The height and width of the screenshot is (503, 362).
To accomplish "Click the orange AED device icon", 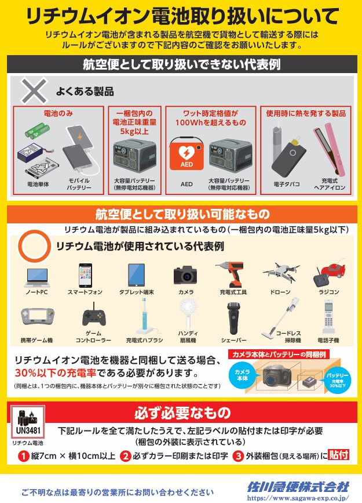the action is [187, 153].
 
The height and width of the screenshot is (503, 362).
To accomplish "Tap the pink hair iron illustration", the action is [329, 151].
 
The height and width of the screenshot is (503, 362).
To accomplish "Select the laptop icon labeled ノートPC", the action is [37, 277].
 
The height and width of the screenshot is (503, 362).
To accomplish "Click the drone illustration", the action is [281, 272].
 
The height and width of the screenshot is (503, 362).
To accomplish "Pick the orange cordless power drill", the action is [233, 274].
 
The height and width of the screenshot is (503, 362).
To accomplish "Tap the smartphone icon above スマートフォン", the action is [85, 275].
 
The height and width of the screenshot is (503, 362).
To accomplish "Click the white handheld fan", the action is [188, 313].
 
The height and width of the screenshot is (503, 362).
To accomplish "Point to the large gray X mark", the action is [34, 91].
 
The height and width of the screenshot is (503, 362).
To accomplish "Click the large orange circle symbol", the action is [35, 247].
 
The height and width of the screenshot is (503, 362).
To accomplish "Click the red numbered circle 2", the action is [125, 456].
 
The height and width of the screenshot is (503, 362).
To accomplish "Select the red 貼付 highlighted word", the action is [338, 455].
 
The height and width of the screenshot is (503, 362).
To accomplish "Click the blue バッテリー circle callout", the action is [337, 379].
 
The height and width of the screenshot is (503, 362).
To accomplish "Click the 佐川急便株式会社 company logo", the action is [298, 487].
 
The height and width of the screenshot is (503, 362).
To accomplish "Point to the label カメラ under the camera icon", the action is [186, 292].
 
